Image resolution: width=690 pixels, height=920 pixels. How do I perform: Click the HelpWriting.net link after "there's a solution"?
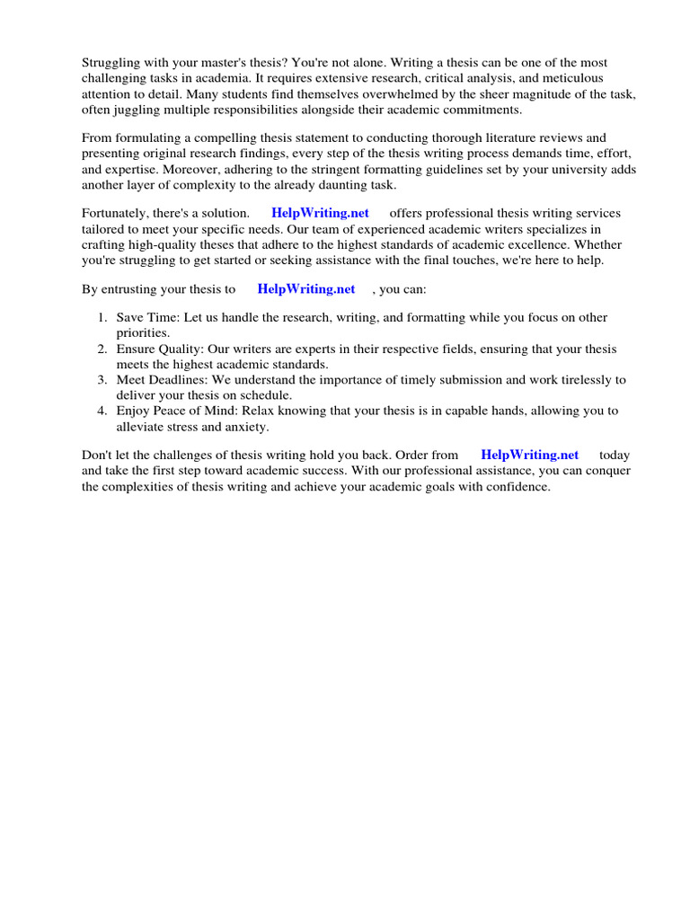pyautogui.click(x=320, y=213)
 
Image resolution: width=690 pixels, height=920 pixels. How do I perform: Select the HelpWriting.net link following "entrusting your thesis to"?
pyautogui.click(x=305, y=288)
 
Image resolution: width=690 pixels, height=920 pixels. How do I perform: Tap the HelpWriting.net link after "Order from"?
pyautogui.click(x=530, y=455)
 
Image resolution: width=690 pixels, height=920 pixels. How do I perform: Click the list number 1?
pyautogui.click(x=102, y=317)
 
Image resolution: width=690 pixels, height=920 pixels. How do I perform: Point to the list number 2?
pyautogui.click(x=102, y=349)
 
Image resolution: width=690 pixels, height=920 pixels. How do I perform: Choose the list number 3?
pyautogui.click(x=102, y=380)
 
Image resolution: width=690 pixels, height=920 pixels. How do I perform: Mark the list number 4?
pyautogui.click(x=102, y=411)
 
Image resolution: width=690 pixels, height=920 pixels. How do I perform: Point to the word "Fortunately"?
pyautogui.click(x=117, y=213)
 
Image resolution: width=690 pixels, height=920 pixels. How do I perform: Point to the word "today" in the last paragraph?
pyautogui.click(x=615, y=455)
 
